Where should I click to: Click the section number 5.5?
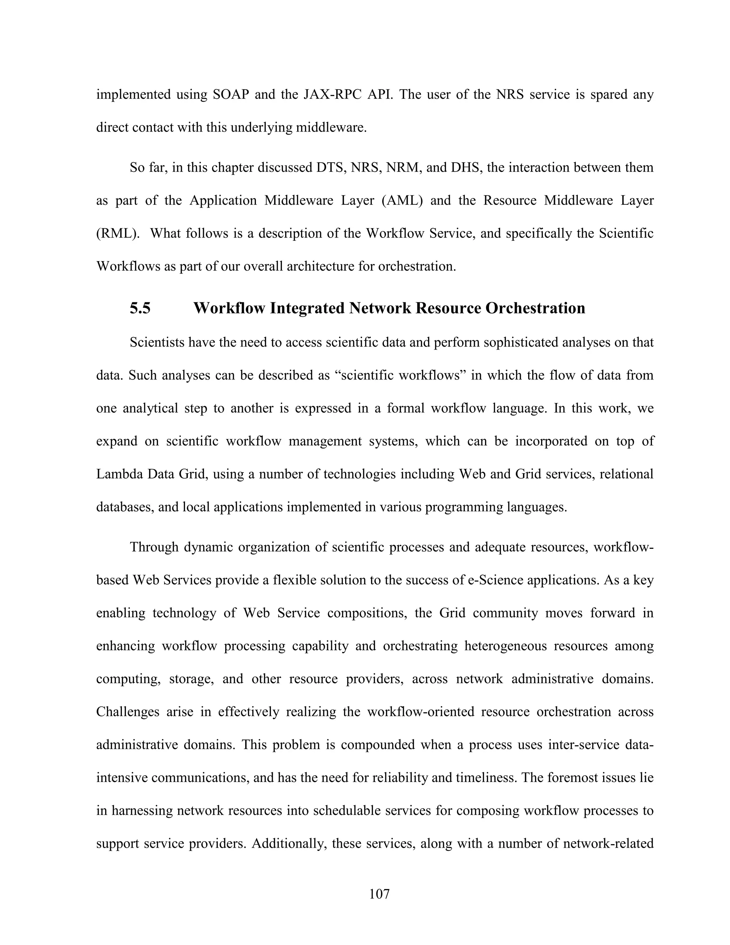tap(140, 308)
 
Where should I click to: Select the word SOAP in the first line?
tap(231, 94)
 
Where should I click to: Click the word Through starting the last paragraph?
tap(154, 547)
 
